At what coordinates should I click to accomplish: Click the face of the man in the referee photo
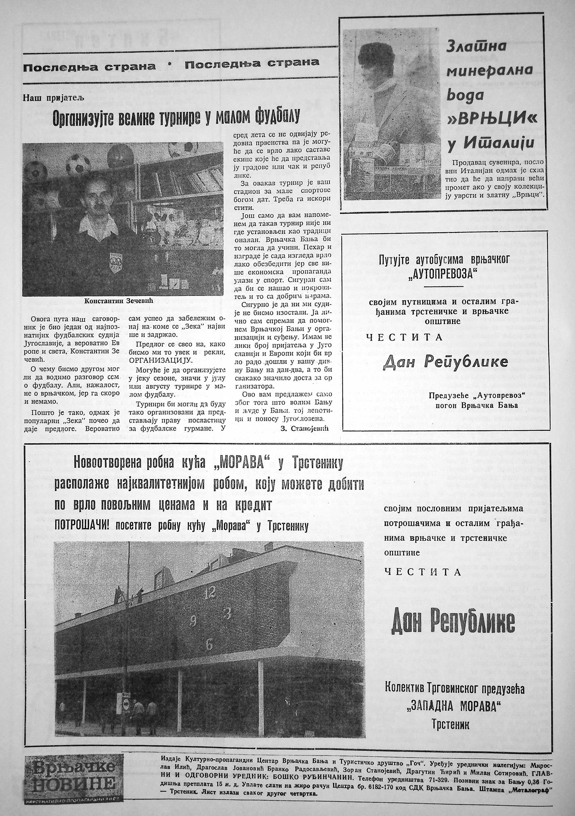pyautogui.click(x=94, y=204)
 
